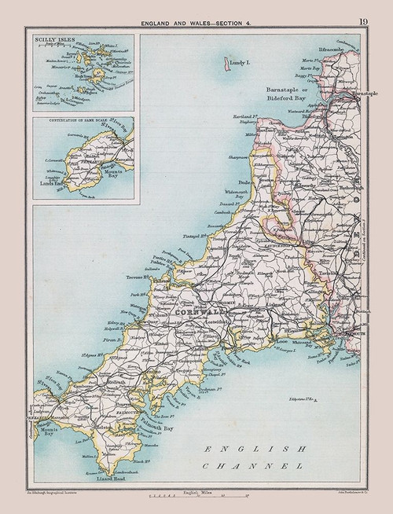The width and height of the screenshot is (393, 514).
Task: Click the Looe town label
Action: [279, 343]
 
